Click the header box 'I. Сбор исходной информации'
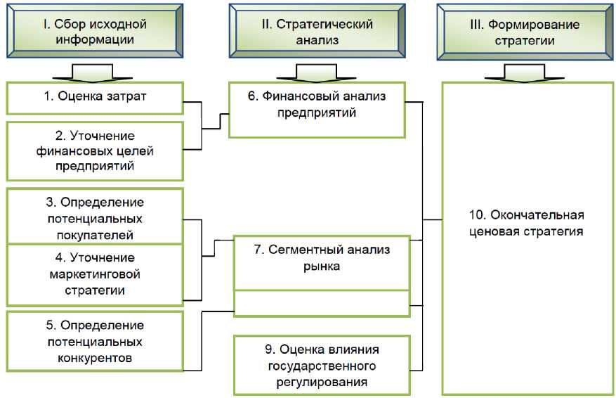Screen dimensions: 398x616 (x=94, y=32)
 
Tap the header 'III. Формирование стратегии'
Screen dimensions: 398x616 (x=524, y=32)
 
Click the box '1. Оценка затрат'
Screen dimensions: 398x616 (x=95, y=97)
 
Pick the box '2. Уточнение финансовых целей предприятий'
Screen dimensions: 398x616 (x=95, y=150)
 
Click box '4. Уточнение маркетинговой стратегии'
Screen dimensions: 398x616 (x=95, y=274)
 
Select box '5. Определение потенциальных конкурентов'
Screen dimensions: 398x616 (x=95, y=342)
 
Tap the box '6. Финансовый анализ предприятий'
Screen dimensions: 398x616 (x=317, y=110)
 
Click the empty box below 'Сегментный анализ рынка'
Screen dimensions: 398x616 (x=322, y=303)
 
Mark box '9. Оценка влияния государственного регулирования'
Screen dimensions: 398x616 (x=322, y=365)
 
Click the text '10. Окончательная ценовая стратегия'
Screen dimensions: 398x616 (x=526, y=223)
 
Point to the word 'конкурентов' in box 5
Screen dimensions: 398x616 (x=95, y=359)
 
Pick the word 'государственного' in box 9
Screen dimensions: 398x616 (x=322, y=366)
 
